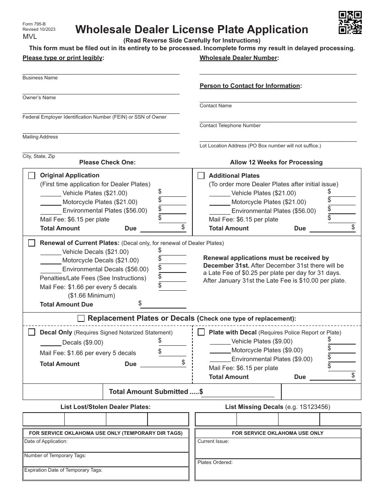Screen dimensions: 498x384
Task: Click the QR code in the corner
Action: (350, 23)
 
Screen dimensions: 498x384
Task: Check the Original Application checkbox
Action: (32, 175)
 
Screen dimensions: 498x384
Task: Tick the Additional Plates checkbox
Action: (201, 175)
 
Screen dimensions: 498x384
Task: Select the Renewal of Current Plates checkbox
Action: (32, 243)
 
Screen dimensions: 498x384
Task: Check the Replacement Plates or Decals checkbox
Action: (81, 318)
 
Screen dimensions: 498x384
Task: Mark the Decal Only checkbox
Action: (32, 332)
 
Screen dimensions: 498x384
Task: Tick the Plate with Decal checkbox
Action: (201, 332)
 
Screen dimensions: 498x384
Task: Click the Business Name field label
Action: (40, 78)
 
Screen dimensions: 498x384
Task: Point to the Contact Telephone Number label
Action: (230, 126)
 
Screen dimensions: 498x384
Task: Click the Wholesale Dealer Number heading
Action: (238, 58)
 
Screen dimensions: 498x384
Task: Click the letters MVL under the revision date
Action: (30, 37)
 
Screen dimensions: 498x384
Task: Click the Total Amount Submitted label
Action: (148, 392)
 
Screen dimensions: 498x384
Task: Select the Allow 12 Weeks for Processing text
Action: (276, 162)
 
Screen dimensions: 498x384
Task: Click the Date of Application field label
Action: (46, 441)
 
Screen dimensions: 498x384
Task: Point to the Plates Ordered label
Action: (215, 462)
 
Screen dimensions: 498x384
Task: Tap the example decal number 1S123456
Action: (314, 407)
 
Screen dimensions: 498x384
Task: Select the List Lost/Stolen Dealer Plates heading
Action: (105, 407)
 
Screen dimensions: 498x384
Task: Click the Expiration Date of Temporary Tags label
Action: (63, 470)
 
